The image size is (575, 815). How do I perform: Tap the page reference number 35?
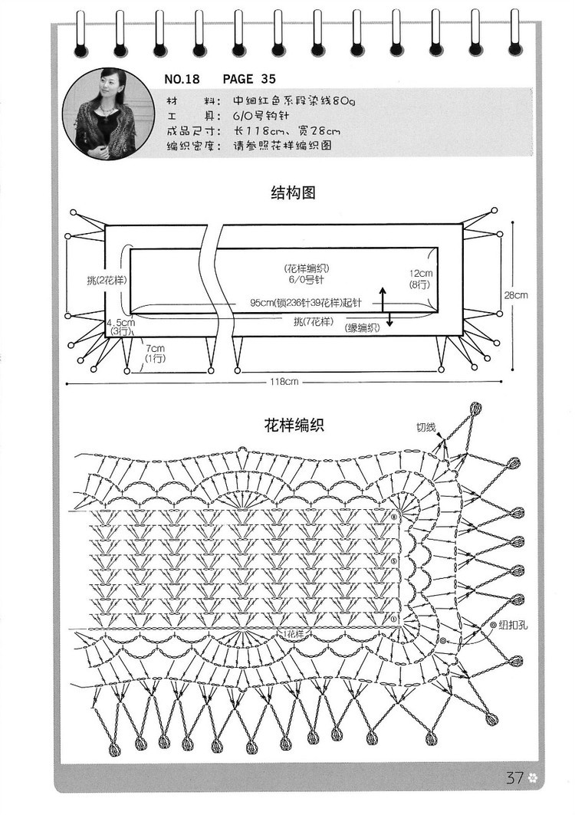[x=268, y=79]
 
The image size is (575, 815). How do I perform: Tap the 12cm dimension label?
[x=420, y=274]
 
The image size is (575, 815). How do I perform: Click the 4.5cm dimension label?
[x=120, y=323]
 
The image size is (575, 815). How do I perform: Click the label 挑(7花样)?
[x=314, y=320]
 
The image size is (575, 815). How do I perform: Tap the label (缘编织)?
[x=363, y=328]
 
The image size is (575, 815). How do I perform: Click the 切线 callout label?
[x=426, y=427]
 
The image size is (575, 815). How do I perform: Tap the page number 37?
[x=514, y=777]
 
